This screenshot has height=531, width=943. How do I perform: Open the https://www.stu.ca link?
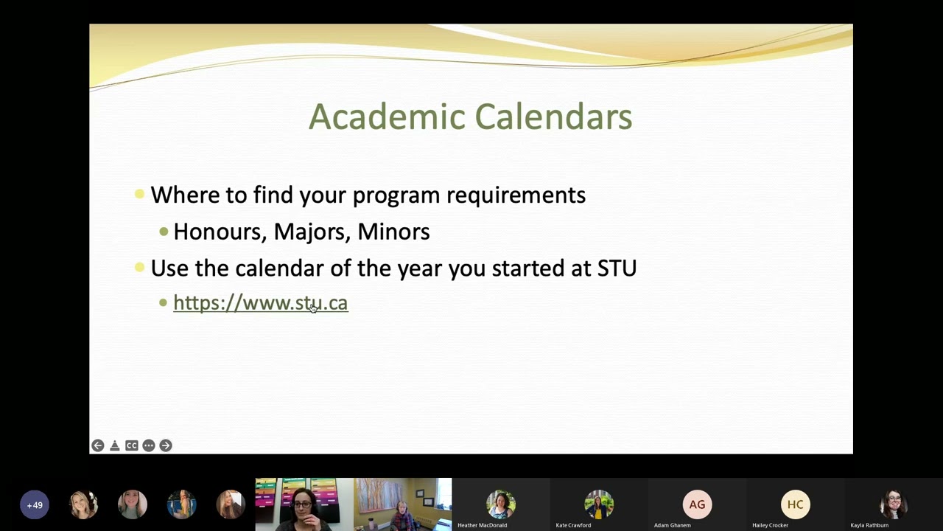tap(260, 303)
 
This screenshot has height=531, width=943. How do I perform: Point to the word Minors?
tap(393, 232)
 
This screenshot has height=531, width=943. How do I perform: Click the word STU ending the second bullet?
tap(617, 268)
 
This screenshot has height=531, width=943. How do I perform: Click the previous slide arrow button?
tap(98, 445)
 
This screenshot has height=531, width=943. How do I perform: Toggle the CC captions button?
tap(132, 445)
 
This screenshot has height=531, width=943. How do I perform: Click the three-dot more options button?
tap(149, 445)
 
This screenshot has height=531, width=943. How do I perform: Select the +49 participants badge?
tap(35, 505)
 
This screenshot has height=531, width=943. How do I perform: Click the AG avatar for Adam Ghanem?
tap(697, 504)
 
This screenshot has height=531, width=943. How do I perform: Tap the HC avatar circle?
tap(795, 504)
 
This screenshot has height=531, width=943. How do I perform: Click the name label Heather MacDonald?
tap(482, 525)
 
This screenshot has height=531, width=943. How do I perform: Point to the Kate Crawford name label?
tap(573, 525)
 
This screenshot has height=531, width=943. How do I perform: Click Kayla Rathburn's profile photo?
tap(893, 504)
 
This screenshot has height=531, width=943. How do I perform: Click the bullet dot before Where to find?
tap(139, 195)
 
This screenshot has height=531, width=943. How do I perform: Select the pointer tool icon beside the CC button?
tap(115, 445)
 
